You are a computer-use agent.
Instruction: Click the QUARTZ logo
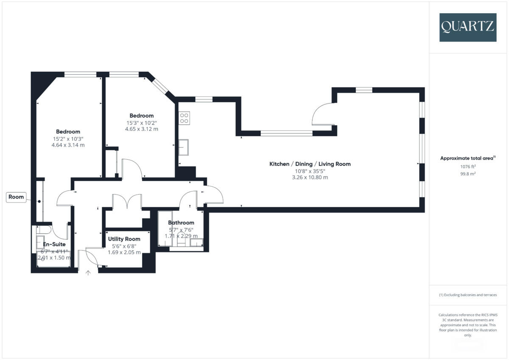coord(467,27)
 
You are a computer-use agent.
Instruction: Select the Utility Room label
coord(124,239)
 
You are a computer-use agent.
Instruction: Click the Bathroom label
coord(181,222)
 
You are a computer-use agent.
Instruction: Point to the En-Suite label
coord(54,245)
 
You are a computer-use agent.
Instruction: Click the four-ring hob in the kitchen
coord(184,118)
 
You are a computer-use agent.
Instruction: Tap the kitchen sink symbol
coord(185,148)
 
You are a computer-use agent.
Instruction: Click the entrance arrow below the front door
coord(88,273)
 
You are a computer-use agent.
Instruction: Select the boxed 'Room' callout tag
coord(17,197)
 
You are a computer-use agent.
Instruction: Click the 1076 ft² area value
coord(467,167)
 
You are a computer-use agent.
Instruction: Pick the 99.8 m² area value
coord(467,174)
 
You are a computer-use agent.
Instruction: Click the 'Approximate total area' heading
coord(467,158)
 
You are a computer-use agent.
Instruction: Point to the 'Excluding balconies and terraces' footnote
coord(467,295)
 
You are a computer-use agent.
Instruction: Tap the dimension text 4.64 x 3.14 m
coord(68,145)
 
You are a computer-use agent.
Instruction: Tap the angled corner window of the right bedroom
coord(161,87)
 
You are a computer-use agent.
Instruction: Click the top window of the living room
coord(364,90)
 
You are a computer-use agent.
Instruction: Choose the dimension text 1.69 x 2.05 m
coord(124,252)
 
